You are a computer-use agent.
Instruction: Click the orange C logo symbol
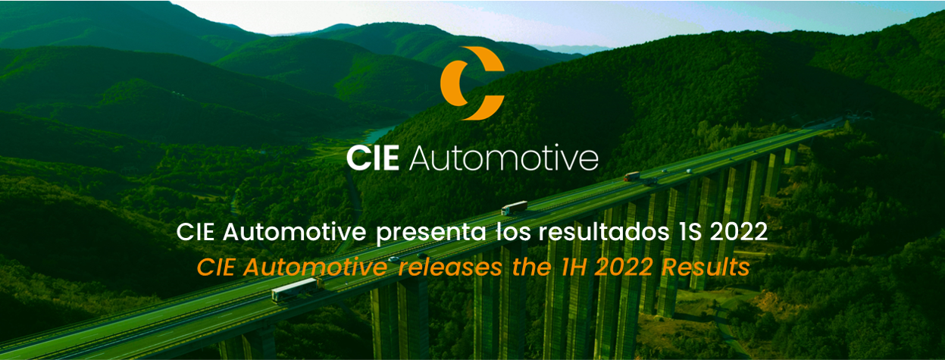471,83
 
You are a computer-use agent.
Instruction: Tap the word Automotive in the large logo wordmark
504,158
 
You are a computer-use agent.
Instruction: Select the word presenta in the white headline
431,232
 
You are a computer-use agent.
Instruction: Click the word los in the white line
512,232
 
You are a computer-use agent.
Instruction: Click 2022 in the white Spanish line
739,232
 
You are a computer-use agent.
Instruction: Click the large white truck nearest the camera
294,289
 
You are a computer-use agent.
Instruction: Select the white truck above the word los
515,207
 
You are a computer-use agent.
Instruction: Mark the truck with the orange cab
632,177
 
